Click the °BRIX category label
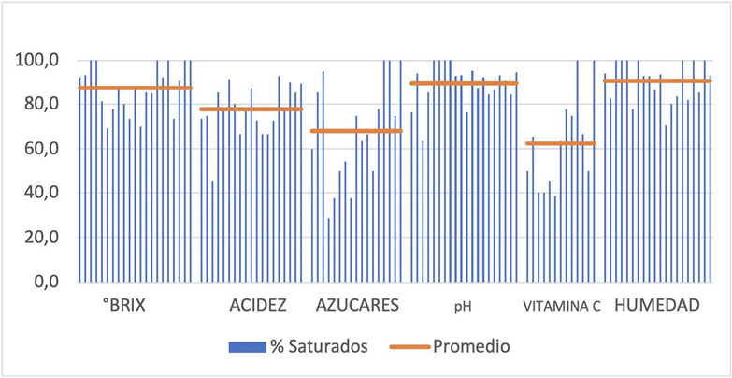tap(123, 305)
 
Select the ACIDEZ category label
tap(257, 305)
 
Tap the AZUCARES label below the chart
tap(358, 305)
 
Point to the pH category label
tap(464, 306)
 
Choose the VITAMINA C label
tap(562, 306)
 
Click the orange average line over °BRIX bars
tap(135, 88)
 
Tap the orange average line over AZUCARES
tap(356, 131)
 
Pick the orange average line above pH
tap(464, 83)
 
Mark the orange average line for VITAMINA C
tap(560, 143)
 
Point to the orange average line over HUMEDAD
tap(657, 80)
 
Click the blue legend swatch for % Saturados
tap(246, 346)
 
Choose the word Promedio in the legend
tap(471, 346)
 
